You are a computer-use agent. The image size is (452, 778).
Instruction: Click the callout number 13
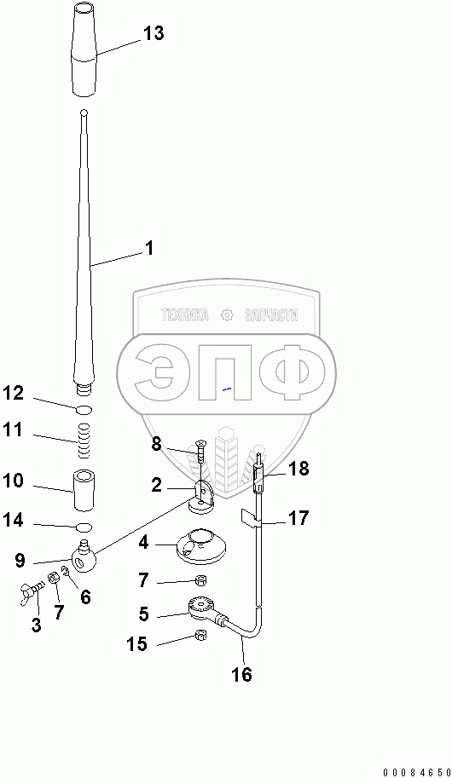[x=154, y=33]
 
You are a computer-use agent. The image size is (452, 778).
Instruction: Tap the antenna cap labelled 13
[x=85, y=49]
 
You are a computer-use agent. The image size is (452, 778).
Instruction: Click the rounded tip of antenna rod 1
[x=84, y=112]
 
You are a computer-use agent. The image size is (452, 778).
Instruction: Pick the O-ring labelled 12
[x=84, y=409]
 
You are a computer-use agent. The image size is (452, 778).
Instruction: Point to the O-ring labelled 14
[x=84, y=527]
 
